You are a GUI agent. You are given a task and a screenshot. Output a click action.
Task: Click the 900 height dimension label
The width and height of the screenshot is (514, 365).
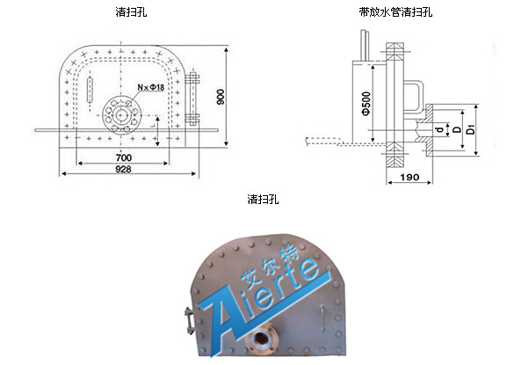coord(221,97)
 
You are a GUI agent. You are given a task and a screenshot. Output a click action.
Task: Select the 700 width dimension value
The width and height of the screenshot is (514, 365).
coord(124,158)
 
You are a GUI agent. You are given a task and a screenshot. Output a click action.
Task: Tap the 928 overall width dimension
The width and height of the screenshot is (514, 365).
coord(124,169)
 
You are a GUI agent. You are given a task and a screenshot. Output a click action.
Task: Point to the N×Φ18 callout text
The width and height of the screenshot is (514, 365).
coord(151,87)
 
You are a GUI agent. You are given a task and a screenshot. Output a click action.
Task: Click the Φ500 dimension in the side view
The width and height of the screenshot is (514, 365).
coord(366,104)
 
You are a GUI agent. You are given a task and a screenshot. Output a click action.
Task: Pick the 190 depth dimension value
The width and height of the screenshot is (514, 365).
coord(409,178)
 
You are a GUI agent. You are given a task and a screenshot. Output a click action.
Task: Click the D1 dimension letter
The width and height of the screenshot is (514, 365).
coord(471,129)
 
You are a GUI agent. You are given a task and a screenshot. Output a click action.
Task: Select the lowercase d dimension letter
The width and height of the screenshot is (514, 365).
coord(440,129)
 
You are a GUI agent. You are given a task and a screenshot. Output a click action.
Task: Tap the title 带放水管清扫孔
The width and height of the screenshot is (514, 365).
coord(395,12)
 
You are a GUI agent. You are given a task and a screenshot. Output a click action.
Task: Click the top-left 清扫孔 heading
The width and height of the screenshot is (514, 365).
coord(131,12)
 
